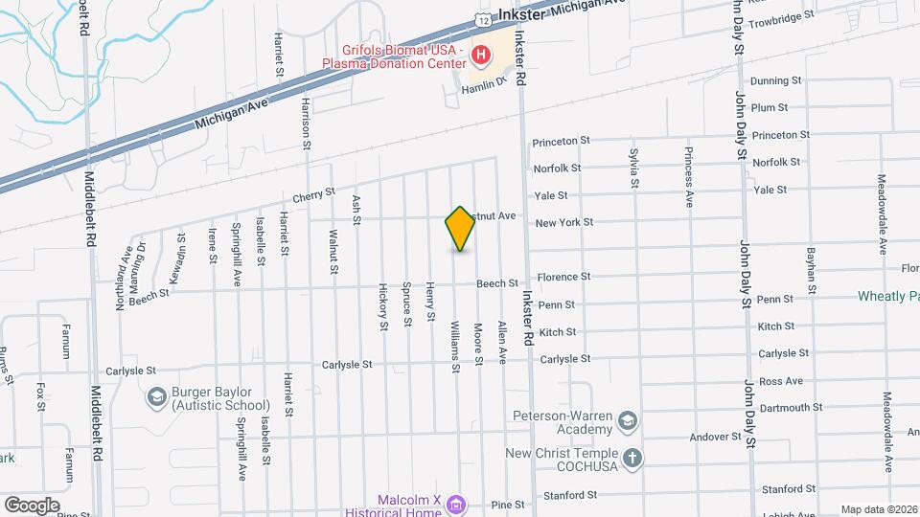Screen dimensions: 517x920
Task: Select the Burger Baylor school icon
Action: [155, 396]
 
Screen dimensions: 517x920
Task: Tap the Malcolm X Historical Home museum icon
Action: [456, 504]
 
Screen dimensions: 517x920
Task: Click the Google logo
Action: [32, 505]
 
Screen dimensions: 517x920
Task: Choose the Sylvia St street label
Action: [633, 167]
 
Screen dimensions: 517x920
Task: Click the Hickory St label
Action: [382, 306]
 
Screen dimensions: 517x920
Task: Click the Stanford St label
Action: [571, 496]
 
